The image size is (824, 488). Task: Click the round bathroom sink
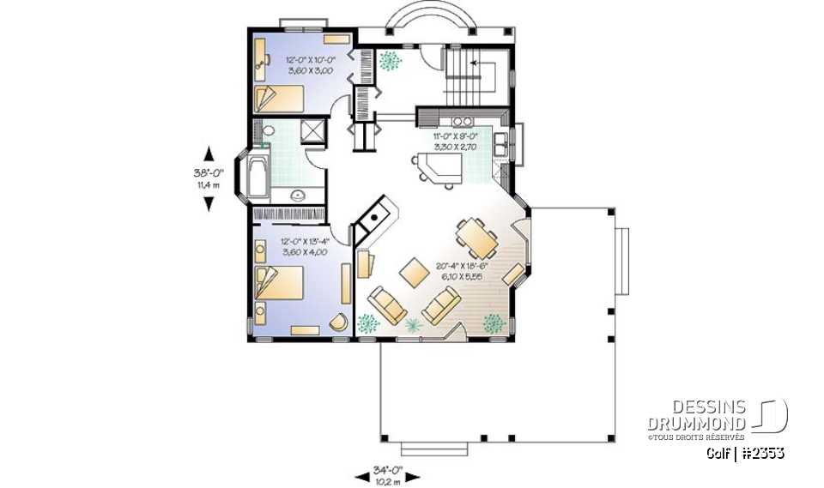coord(298,195)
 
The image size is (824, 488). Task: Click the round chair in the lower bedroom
coord(339,322)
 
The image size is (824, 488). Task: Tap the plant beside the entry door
coord(391,61)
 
